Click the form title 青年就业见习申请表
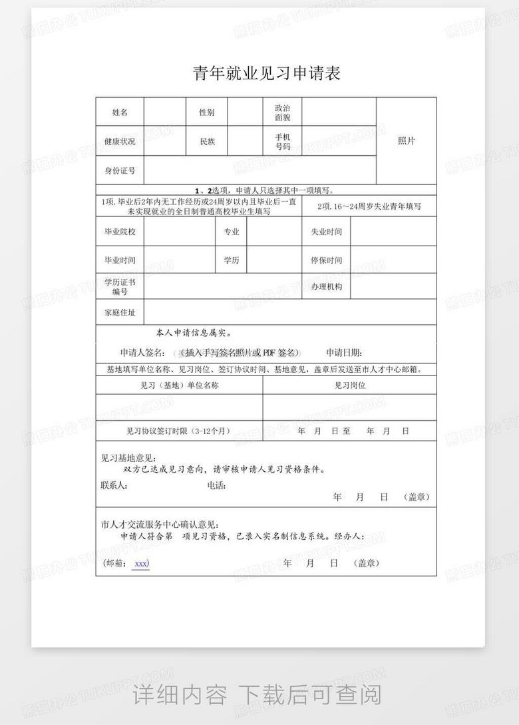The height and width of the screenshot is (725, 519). (x=267, y=73)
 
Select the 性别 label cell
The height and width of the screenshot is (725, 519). (x=207, y=113)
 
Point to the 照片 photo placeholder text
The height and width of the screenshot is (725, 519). (x=407, y=141)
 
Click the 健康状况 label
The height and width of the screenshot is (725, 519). (x=120, y=141)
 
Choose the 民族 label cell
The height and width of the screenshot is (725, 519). (x=207, y=141)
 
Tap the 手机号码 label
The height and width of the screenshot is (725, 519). (x=283, y=141)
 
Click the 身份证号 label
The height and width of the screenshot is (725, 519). (x=120, y=170)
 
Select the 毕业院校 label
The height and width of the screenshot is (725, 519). (x=120, y=232)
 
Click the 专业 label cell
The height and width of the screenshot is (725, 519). (x=231, y=232)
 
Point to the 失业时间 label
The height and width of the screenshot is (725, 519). (x=326, y=232)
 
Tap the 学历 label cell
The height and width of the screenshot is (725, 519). (x=231, y=260)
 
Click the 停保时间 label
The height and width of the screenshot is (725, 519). (x=326, y=260)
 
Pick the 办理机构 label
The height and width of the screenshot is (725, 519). (x=326, y=286)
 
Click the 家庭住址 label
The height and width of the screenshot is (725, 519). (x=120, y=312)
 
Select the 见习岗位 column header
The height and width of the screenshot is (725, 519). (x=349, y=385)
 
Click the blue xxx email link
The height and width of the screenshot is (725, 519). (x=141, y=563)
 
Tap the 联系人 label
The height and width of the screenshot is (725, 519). (x=114, y=485)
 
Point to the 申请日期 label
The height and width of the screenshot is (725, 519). (x=344, y=352)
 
